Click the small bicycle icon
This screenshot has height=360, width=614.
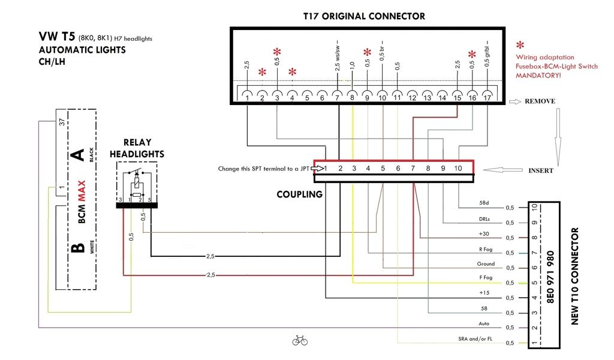300,341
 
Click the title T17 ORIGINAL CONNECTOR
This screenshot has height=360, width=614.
364,16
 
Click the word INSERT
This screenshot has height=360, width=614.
541,171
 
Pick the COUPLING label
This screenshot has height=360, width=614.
299,194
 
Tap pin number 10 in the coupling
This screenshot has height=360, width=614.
459,169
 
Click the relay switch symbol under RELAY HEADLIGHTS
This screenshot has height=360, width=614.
137,185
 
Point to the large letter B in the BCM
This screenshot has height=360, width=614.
77,248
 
